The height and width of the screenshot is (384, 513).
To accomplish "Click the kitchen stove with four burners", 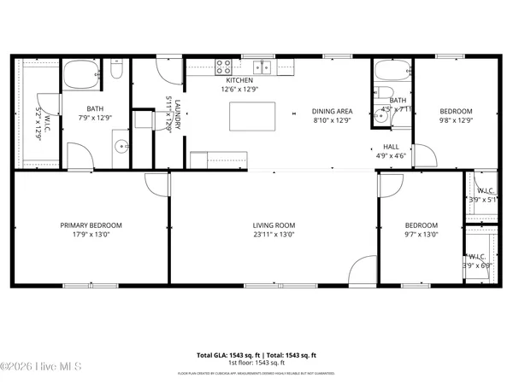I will [225, 65].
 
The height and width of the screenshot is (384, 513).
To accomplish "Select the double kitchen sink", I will [262, 66].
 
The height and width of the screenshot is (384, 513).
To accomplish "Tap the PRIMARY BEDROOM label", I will [91, 225].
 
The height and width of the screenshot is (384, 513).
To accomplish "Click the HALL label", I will [391, 146].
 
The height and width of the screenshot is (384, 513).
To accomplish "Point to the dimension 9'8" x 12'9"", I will [456, 119].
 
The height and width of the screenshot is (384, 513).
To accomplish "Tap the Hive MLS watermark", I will [40, 367].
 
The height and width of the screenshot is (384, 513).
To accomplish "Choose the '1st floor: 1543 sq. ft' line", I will [256, 364].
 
